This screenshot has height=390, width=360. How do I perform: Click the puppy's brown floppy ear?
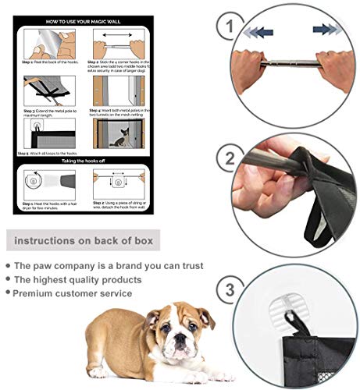[x=205, y=317]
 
